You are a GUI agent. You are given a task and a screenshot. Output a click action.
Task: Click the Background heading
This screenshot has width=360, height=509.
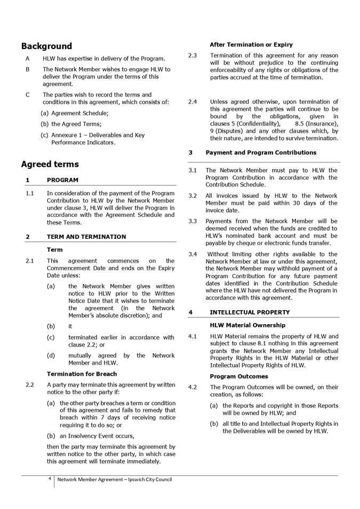pyautogui.click(x=46, y=46)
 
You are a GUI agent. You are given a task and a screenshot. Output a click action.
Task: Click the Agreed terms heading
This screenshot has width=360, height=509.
pyautogui.click(x=50, y=164)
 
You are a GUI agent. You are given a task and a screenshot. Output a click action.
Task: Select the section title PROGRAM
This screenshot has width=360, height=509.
pyautogui.click(x=62, y=180)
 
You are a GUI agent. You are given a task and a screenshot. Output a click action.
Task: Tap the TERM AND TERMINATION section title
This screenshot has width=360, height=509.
pyautogui.click(x=86, y=237)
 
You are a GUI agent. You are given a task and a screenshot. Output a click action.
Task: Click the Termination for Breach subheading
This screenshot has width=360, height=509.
pyautogui.click(x=82, y=374)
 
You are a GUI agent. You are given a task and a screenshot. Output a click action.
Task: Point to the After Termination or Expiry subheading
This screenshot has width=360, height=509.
pyautogui.click(x=251, y=45)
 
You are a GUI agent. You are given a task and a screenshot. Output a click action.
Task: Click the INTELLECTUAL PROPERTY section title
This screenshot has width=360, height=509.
pyautogui.click(x=250, y=312)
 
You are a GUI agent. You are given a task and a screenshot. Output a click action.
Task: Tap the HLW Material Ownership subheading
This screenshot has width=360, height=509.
pyautogui.click(x=247, y=325)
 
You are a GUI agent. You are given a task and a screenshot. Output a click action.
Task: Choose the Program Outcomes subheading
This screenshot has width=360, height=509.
pyautogui.click(x=239, y=376)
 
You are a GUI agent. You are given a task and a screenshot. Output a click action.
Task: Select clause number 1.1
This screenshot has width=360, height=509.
pyautogui.click(x=30, y=193)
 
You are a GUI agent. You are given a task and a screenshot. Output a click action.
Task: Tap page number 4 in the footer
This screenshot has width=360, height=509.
pyautogui.click(x=50, y=479)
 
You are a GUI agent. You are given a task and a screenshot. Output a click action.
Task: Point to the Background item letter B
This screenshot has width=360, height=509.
pyautogui.click(x=28, y=69)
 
